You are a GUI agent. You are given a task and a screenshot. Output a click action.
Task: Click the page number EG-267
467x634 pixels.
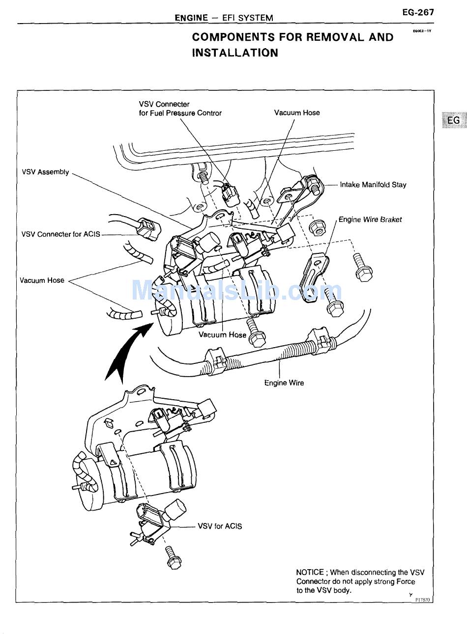pos(417,12)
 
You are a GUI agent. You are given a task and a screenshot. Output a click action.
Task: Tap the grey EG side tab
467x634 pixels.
pos(454,120)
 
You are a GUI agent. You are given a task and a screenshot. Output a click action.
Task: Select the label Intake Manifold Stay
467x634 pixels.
pos(373,185)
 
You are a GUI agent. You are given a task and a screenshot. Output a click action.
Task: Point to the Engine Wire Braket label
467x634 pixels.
pos(370,220)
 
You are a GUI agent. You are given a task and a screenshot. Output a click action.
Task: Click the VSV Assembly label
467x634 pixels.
pos(45,172)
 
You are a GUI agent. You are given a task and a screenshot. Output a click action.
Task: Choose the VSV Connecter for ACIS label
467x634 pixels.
pos(60,234)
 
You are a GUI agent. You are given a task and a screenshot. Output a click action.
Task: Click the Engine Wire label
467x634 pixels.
pos(284,383)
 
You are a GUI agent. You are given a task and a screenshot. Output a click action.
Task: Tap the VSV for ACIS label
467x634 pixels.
pos(220,526)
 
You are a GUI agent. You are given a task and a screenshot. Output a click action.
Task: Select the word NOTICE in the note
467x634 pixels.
pos(310,572)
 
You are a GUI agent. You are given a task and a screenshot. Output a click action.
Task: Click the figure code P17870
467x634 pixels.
pos(422,600)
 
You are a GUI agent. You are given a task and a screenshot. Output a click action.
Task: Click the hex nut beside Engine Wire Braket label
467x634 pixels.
pos(318,227)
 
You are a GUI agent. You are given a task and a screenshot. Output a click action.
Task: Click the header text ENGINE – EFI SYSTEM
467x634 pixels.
pos(224,18)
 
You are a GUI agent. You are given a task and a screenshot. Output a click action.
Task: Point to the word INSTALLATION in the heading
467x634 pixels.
pos(235,53)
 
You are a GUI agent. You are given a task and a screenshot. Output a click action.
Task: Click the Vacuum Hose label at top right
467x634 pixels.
pos(297,112)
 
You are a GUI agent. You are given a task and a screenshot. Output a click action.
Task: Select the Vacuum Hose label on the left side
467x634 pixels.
pos(42,280)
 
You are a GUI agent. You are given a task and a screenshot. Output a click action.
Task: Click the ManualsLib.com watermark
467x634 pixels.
pos(236,291)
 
